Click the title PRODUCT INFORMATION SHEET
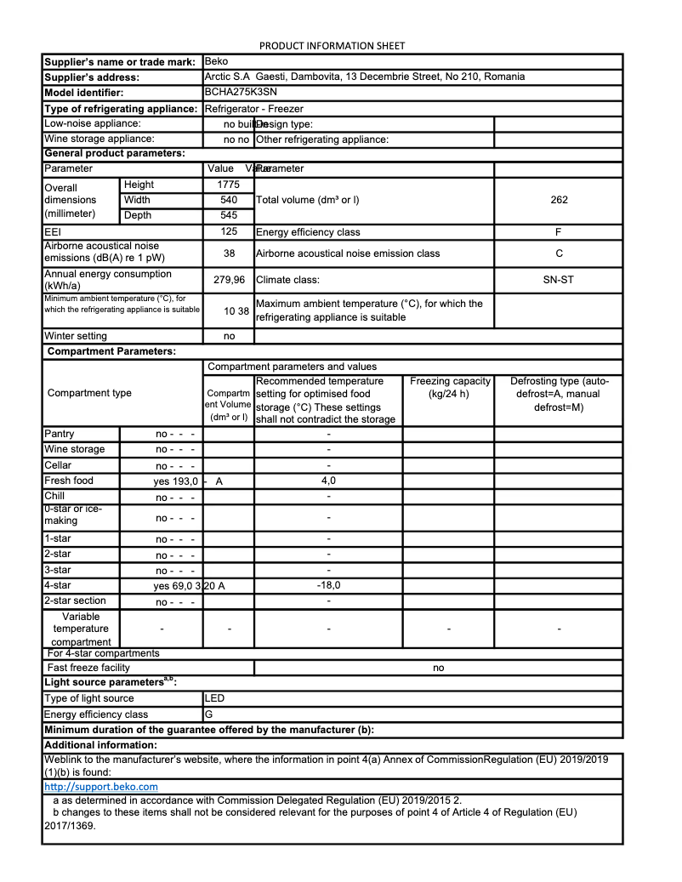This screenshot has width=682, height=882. pos(332,46)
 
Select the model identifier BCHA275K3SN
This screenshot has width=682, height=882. pos(241,92)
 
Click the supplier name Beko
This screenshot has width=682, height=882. pos(217,61)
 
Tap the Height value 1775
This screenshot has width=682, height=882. pos(229,185)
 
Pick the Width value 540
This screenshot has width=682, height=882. pos(229,200)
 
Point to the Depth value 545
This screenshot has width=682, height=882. pos(229,215)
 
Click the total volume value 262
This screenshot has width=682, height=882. pos(559,200)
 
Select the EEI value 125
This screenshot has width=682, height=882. pos(229,231)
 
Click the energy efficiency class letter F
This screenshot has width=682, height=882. pos(559,231)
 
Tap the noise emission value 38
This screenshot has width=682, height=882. pos(229,253)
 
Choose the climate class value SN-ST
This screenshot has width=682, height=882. pos(559,279)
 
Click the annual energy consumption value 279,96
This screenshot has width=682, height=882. pos(229,279)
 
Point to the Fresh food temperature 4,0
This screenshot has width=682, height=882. pos(328,481)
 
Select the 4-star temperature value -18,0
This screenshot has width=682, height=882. pos(328,585)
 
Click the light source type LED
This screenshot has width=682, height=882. pos(215,698)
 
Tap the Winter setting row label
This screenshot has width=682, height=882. pos(76,336)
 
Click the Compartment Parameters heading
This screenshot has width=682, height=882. pos(111,351)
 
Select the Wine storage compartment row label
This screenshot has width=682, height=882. pos(75,449)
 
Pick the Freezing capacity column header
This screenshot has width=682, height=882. pos(450,381)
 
